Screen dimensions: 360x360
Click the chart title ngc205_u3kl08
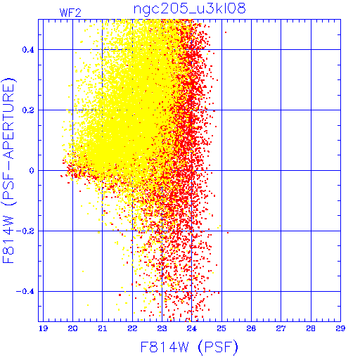(189, 9)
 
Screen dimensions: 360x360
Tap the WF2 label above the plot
(70, 13)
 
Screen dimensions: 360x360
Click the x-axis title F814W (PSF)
(189, 347)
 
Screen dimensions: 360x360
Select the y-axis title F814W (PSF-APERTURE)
(8, 170)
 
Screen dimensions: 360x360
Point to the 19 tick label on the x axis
(43, 328)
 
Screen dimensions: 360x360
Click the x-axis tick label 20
(72, 328)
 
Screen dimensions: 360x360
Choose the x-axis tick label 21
(103, 328)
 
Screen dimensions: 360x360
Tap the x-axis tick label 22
(132, 328)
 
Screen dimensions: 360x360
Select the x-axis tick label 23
(162, 328)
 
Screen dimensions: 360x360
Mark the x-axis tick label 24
(192, 328)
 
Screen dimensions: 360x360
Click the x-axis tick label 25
(221, 328)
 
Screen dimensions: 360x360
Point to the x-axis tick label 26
(251, 328)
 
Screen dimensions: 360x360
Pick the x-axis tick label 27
(281, 328)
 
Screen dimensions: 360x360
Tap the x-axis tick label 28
(311, 328)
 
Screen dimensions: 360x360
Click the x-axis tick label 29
(340, 328)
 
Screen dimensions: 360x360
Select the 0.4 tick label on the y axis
(28, 50)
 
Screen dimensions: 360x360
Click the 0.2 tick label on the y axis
(28, 110)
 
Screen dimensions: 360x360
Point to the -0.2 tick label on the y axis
(25, 231)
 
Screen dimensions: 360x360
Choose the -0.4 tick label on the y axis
(25, 292)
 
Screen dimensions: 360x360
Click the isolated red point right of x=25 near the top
(226, 32)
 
